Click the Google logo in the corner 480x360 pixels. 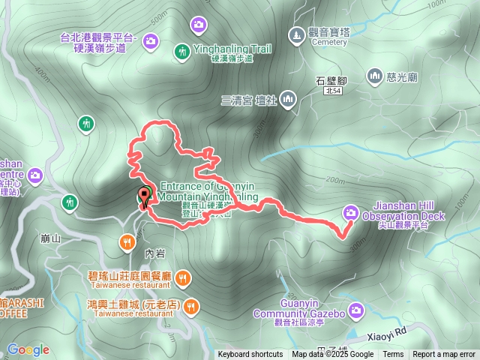pyautogui.click(x=28, y=349)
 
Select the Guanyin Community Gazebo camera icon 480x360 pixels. pyautogui.click(x=355, y=309)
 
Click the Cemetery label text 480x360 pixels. pyautogui.click(x=329, y=43)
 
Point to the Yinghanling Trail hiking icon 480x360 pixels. pyautogui.click(x=182, y=51)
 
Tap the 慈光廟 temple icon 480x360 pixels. pyautogui.click(x=374, y=75)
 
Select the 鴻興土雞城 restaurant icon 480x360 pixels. pyautogui.click(x=191, y=306)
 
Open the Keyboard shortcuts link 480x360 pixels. pyautogui.click(x=250, y=355)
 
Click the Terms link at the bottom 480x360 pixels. pyautogui.click(x=393, y=355)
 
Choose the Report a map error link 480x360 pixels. pyautogui.click(x=445, y=355)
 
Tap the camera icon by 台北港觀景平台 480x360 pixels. pyautogui.click(x=150, y=40)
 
